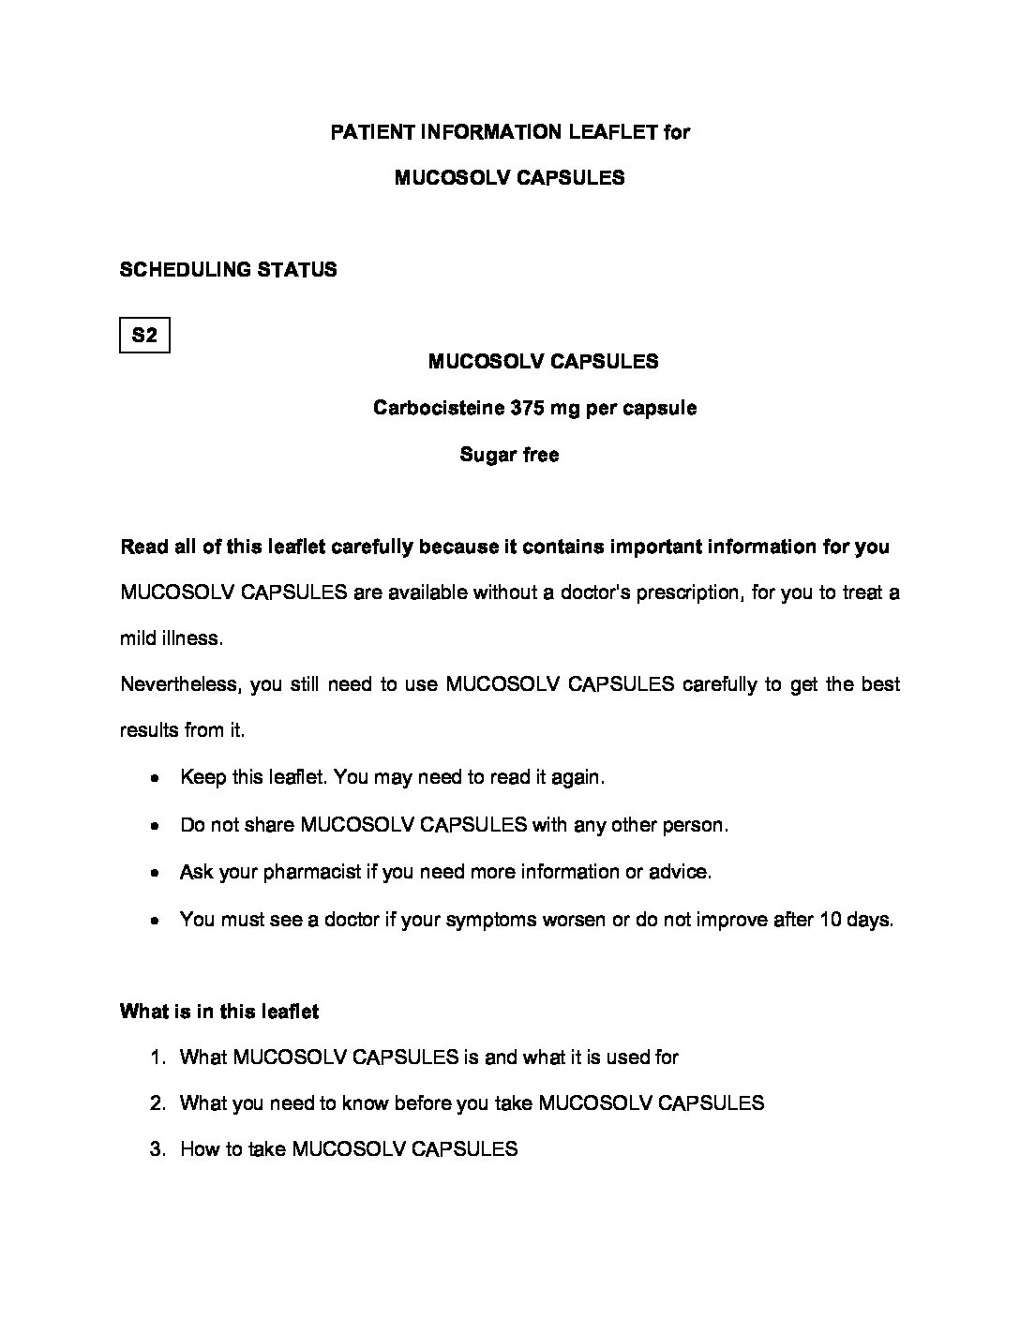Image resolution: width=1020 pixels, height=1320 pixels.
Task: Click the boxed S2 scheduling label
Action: [x=144, y=335]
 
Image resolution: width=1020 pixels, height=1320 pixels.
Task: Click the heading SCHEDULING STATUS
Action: [x=229, y=270]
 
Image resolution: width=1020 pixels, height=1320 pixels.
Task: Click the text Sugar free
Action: [x=509, y=455]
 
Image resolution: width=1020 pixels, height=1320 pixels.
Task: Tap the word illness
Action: [x=194, y=638]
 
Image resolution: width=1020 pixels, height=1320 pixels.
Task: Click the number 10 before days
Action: [x=829, y=920]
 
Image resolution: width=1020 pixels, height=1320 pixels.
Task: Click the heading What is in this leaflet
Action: [x=219, y=1012]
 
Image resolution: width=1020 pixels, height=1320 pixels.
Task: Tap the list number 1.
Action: [x=157, y=1057]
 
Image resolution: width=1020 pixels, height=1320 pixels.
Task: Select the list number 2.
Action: [x=157, y=1103]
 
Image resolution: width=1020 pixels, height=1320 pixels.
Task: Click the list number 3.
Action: [x=157, y=1149]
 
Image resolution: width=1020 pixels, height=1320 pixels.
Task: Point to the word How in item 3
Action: [x=198, y=1149]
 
